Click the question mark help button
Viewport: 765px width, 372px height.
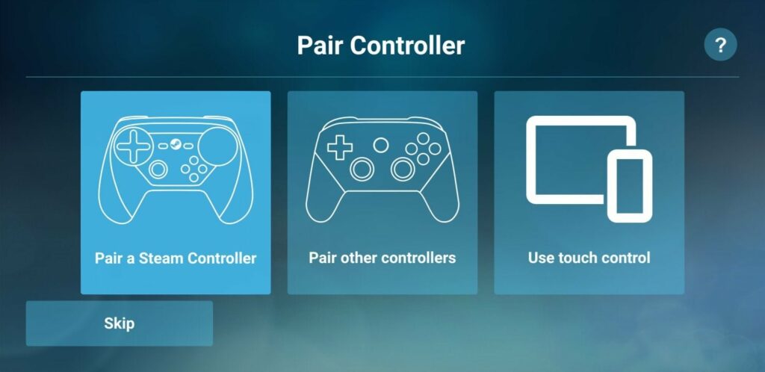(x=720, y=45)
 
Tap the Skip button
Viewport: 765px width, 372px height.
(x=119, y=323)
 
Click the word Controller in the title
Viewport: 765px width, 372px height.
(x=407, y=46)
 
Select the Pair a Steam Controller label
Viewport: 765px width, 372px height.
(x=176, y=258)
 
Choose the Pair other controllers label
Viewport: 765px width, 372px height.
(x=382, y=258)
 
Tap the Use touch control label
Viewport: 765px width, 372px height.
(x=589, y=258)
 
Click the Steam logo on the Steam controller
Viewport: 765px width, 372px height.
(x=176, y=146)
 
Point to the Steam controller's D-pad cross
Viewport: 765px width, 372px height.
(x=133, y=146)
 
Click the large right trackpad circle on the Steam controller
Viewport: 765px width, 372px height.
(x=218, y=146)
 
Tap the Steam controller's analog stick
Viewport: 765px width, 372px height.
(x=158, y=169)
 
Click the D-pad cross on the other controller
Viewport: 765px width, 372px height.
(x=340, y=147)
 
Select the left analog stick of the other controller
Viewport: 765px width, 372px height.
(x=362, y=169)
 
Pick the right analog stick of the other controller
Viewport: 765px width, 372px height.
(x=403, y=169)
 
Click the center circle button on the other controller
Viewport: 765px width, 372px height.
(x=381, y=145)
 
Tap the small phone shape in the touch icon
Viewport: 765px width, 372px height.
(x=629, y=186)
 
